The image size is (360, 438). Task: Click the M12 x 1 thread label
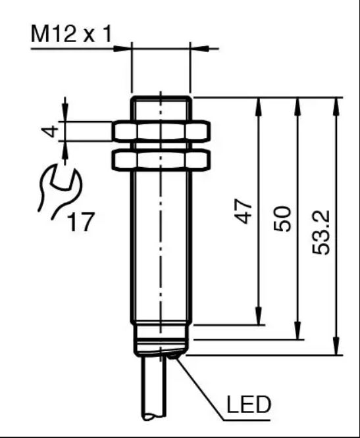click(x=71, y=34)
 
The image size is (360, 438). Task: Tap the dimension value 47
click(x=243, y=211)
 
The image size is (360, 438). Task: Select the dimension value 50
click(x=282, y=219)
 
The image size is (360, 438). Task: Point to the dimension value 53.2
click(x=321, y=232)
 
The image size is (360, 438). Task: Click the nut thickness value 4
click(x=50, y=132)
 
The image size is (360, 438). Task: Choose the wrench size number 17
click(x=81, y=222)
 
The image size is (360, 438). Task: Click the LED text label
click(x=249, y=404)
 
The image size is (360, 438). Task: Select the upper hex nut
click(x=161, y=130)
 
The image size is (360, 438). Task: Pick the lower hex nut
click(x=161, y=160)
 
